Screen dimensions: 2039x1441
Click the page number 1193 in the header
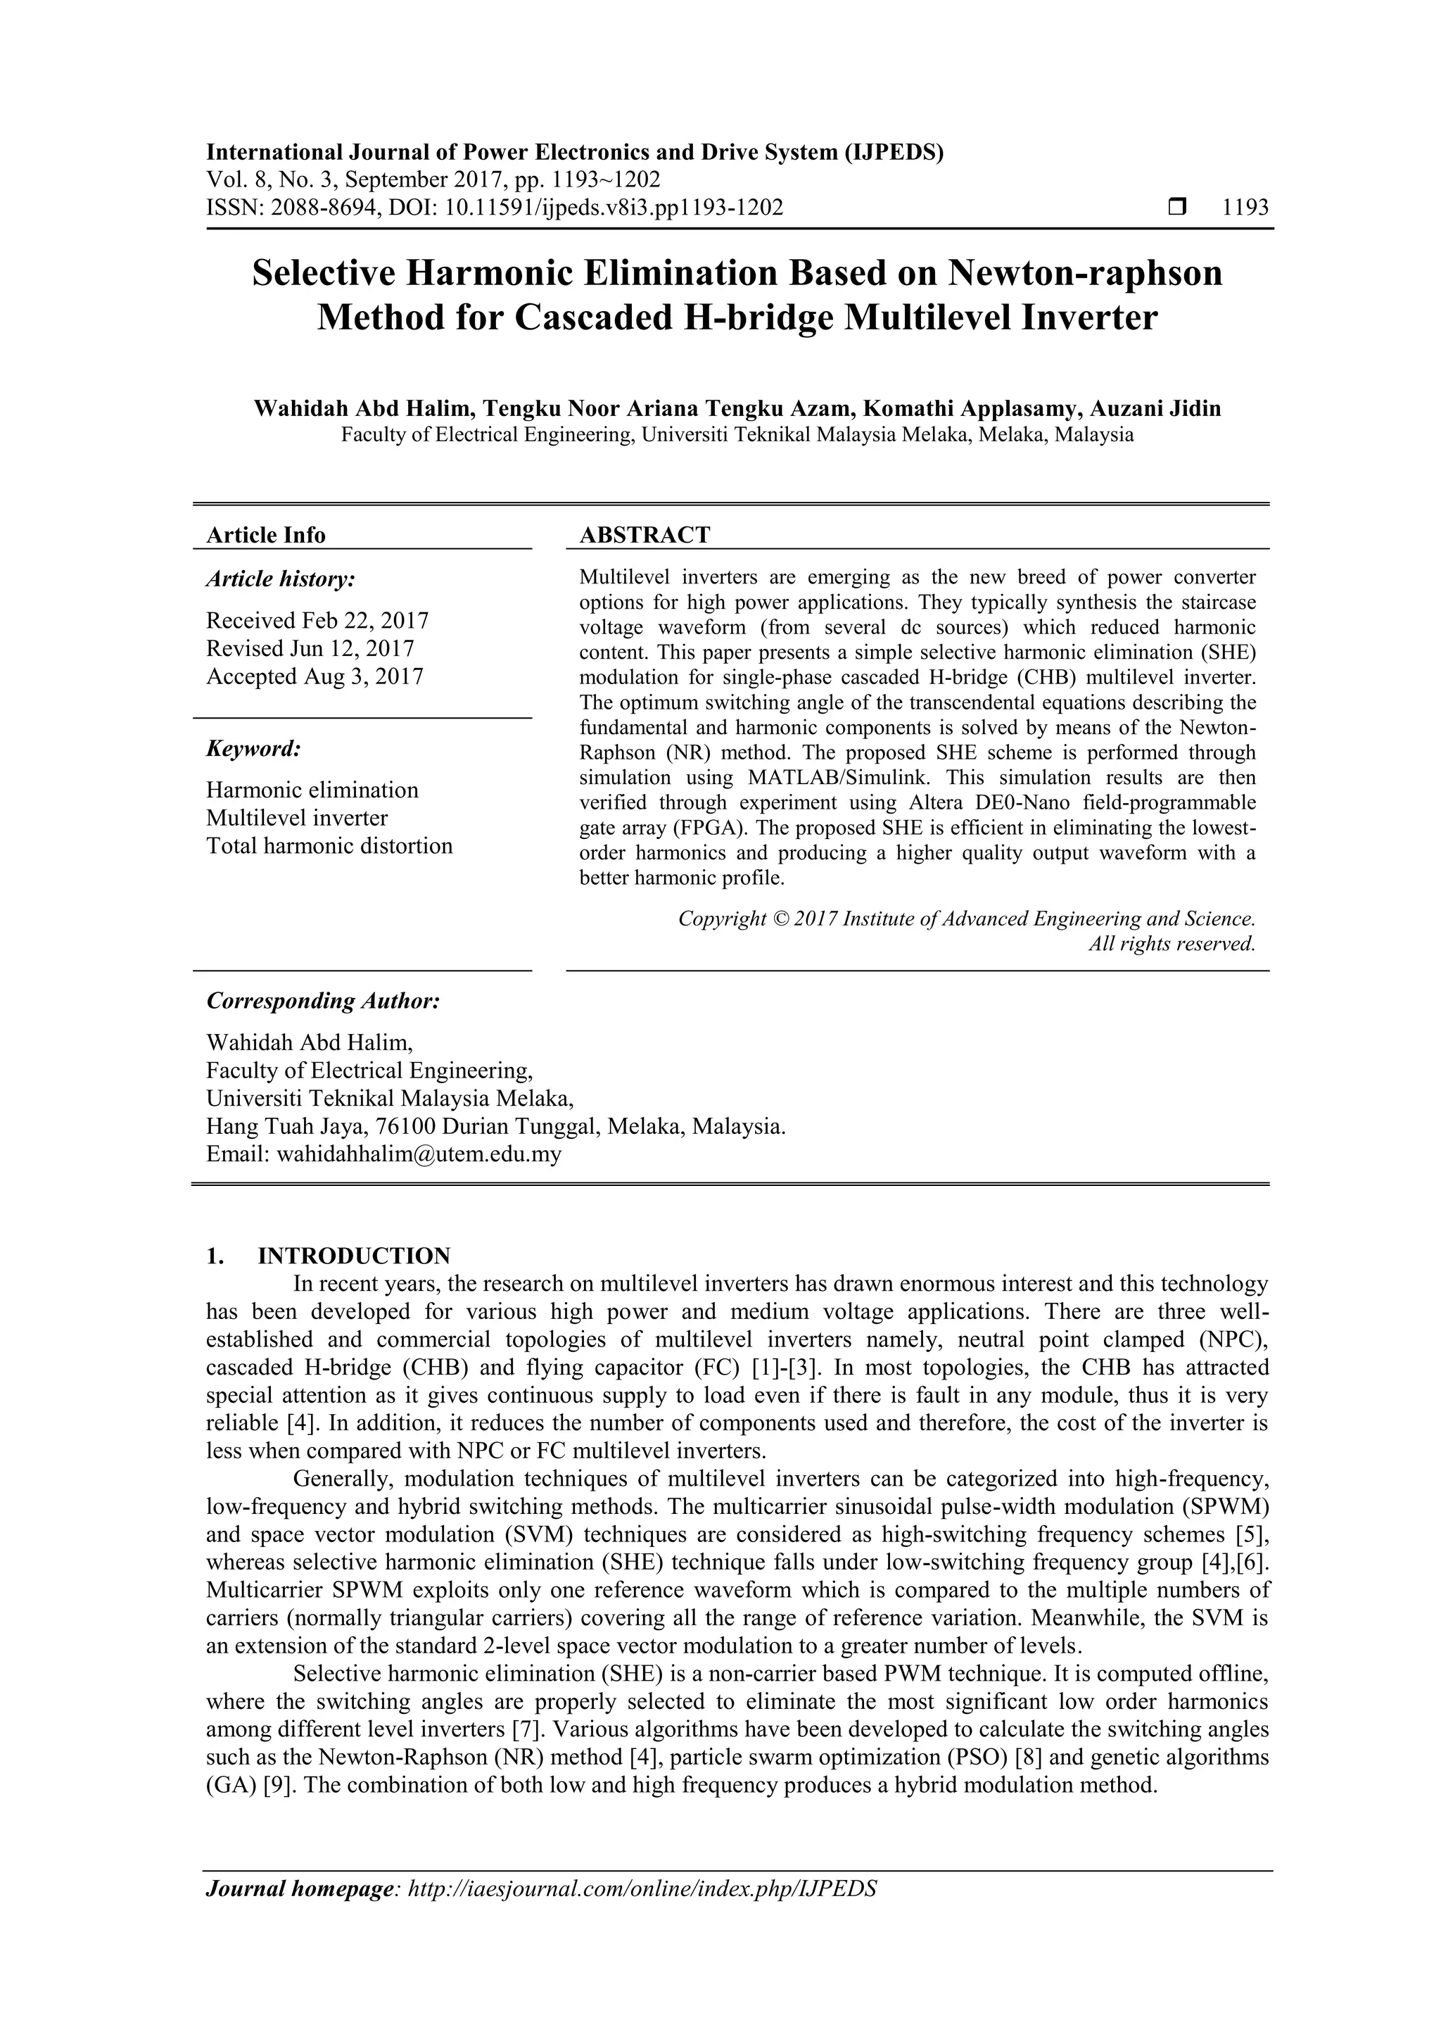[x=1245, y=208]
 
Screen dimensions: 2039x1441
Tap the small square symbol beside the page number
[x=1177, y=208]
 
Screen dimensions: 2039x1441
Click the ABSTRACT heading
[x=645, y=535]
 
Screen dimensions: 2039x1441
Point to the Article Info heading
[x=265, y=535]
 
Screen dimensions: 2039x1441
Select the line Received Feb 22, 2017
[x=317, y=620]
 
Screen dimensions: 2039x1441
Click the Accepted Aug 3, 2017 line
[x=315, y=676]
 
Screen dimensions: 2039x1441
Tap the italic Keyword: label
[x=254, y=749]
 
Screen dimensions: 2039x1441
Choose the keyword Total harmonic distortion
[x=329, y=845]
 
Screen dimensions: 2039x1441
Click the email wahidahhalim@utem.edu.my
[x=419, y=1154]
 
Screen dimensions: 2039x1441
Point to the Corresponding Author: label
[x=323, y=1001]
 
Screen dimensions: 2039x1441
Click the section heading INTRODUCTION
[x=353, y=1256]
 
